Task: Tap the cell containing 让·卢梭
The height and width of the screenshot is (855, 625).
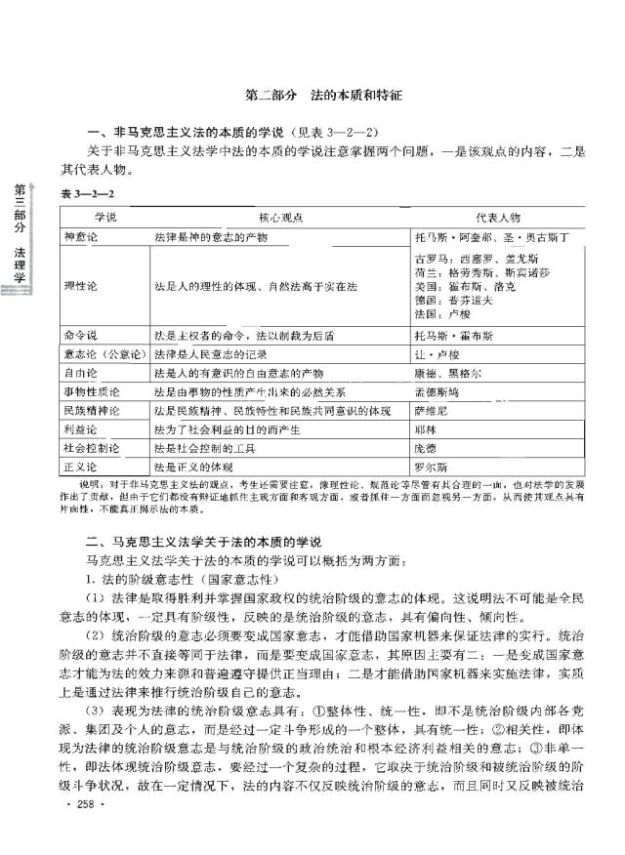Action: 436,353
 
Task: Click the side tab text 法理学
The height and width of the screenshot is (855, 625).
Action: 20,270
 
